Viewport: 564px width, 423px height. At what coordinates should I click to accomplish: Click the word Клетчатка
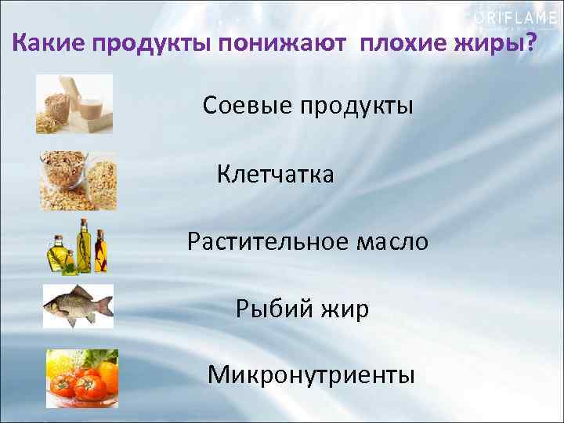pos(276,174)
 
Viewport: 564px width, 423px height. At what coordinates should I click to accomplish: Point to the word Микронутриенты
pos(311,375)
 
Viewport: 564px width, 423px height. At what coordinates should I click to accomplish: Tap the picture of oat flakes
pos(78,180)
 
